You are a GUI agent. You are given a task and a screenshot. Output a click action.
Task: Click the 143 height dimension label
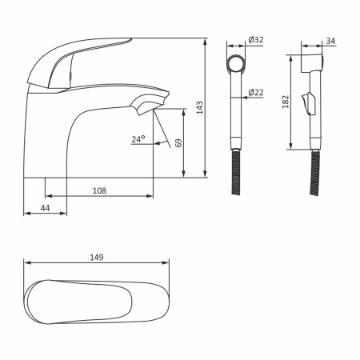tap(200, 108)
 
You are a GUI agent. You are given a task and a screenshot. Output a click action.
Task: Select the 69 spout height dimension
tap(178, 143)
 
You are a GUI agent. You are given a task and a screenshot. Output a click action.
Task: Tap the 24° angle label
tap(138, 139)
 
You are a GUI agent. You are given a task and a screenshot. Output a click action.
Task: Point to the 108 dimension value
tap(99, 190)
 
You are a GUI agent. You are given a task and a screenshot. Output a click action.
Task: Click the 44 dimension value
tap(45, 208)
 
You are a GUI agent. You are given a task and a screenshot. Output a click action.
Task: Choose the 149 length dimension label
tap(96, 258)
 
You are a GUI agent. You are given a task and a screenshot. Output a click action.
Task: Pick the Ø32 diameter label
tap(256, 40)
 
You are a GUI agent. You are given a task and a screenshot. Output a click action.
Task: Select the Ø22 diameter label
tap(256, 93)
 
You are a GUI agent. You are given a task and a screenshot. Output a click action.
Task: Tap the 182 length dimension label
tap(286, 102)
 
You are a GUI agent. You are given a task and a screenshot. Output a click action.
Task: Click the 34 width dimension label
tap(330, 41)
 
